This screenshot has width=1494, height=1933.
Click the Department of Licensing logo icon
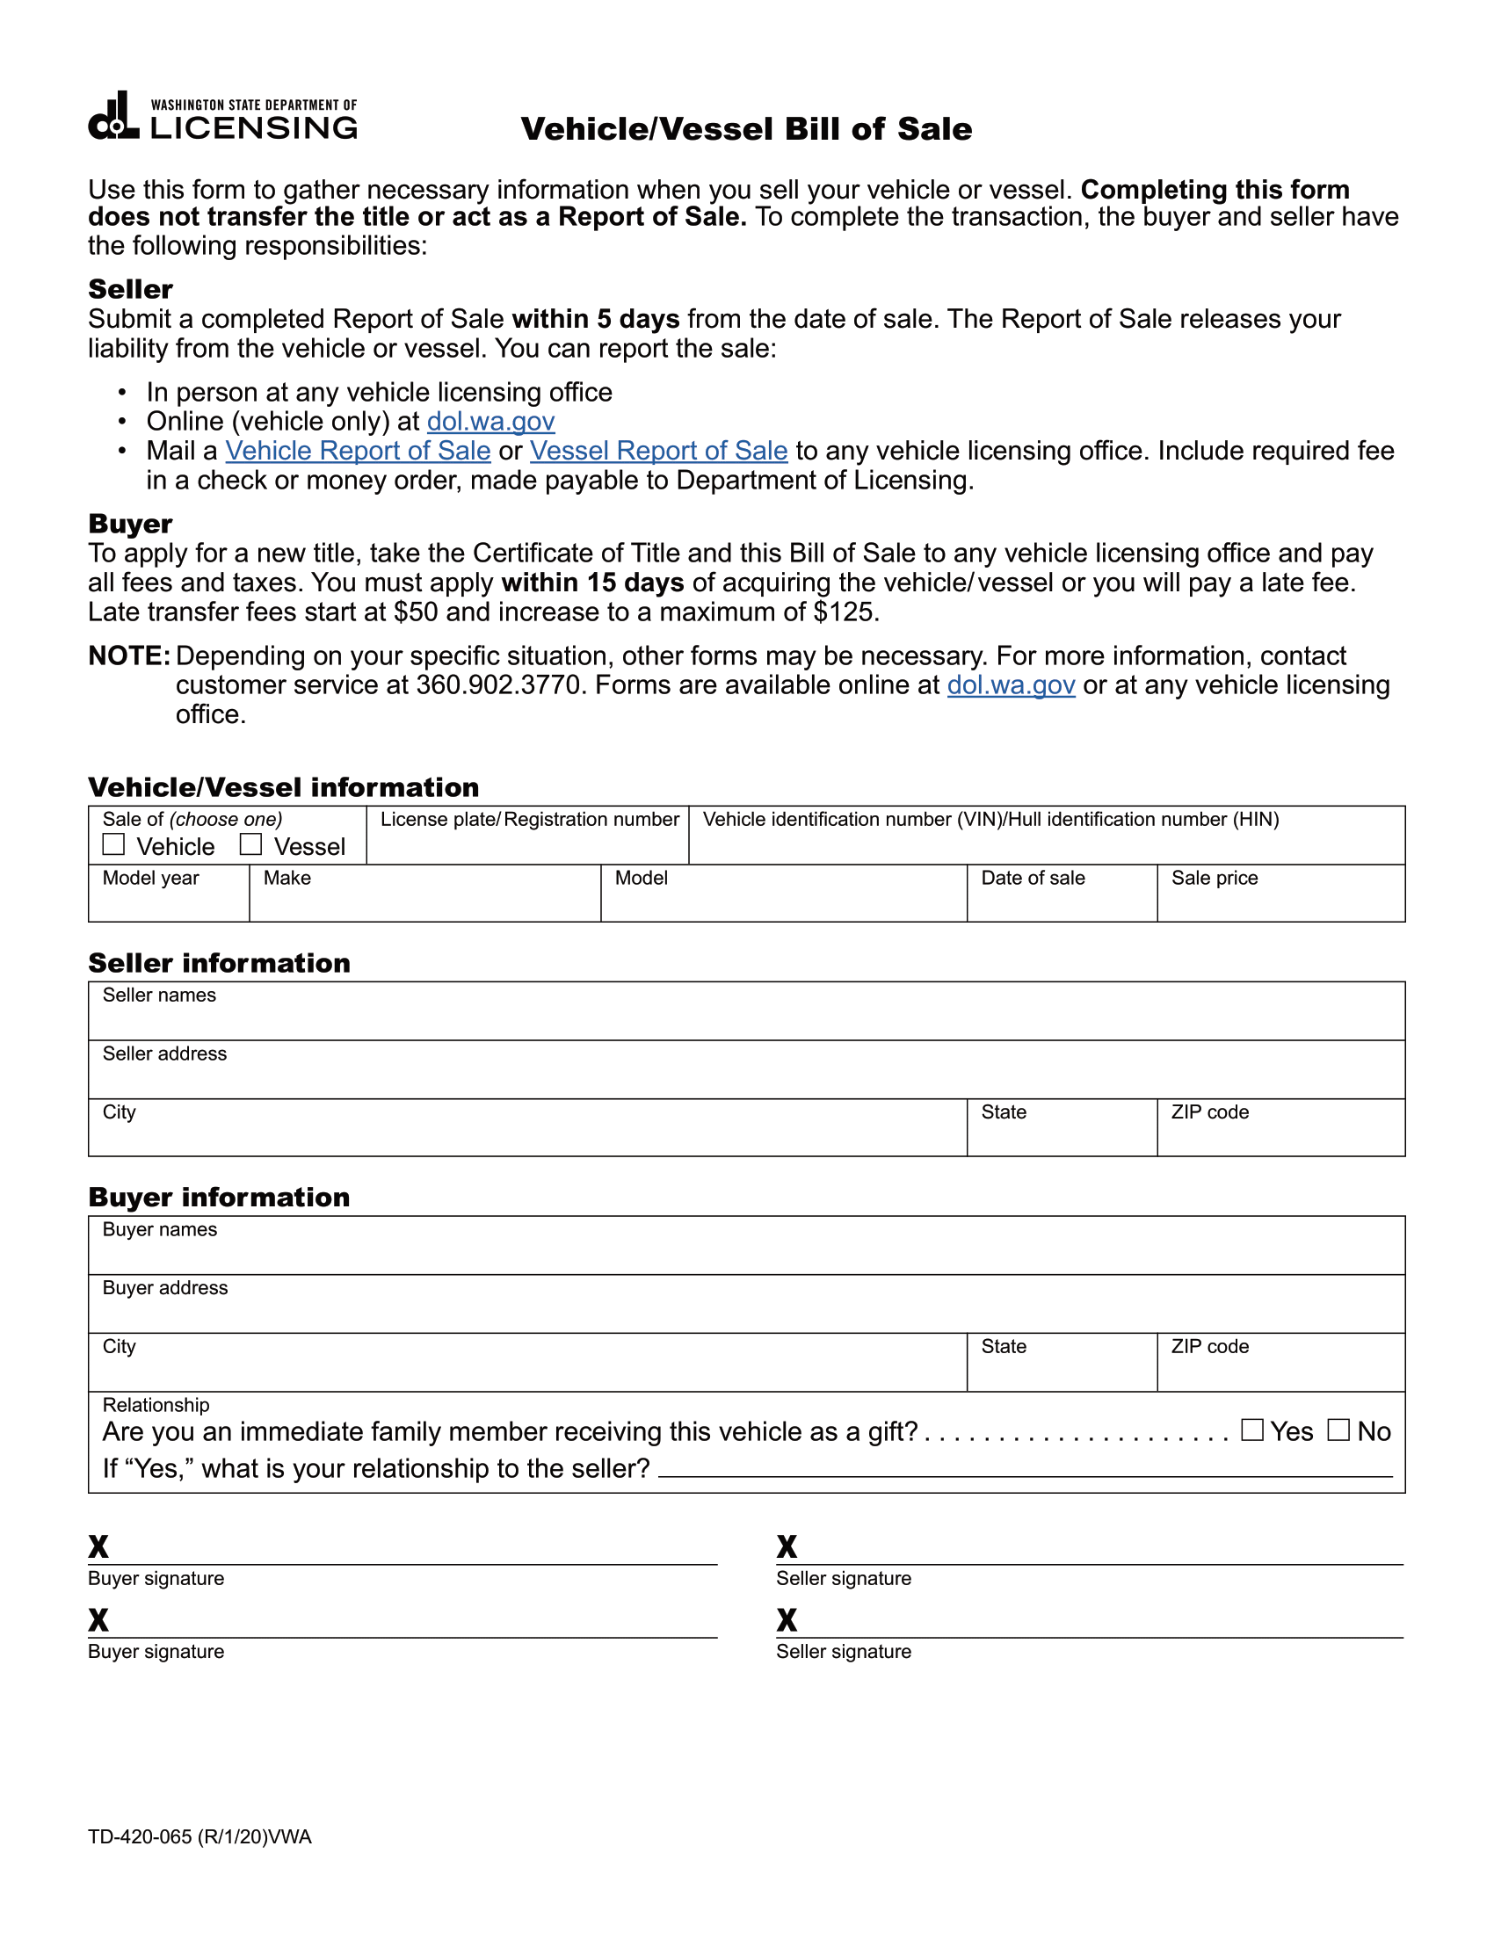pos(113,116)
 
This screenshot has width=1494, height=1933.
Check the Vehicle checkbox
pos(113,844)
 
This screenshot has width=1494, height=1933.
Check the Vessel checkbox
pos(251,844)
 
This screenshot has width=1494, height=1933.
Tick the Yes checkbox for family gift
pos(1251,1430)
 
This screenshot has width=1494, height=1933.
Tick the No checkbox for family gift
pos(1338,1430)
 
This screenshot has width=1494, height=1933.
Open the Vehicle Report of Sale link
pos(358,451)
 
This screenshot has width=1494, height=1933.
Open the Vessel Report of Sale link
pos(658,451)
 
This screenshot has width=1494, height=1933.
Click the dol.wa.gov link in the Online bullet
pos(490,421)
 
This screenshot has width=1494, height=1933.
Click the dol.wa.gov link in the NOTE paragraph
pos(1011,685)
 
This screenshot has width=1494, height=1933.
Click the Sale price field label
pos(1215,878)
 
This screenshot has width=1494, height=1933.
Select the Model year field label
pos(150,878)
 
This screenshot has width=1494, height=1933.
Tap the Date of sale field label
pos(1033,878)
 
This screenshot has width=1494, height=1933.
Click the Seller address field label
pos(164,1053)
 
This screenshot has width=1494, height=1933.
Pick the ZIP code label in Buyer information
pos(1210,1346)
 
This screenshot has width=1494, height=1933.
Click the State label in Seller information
pos(1004,1112)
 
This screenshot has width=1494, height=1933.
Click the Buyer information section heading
pos(219,1198)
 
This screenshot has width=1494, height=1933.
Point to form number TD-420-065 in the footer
pos(140,1836)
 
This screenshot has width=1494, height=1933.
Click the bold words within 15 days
pos(592,583)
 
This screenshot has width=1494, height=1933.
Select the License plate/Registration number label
pos(529,820)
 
